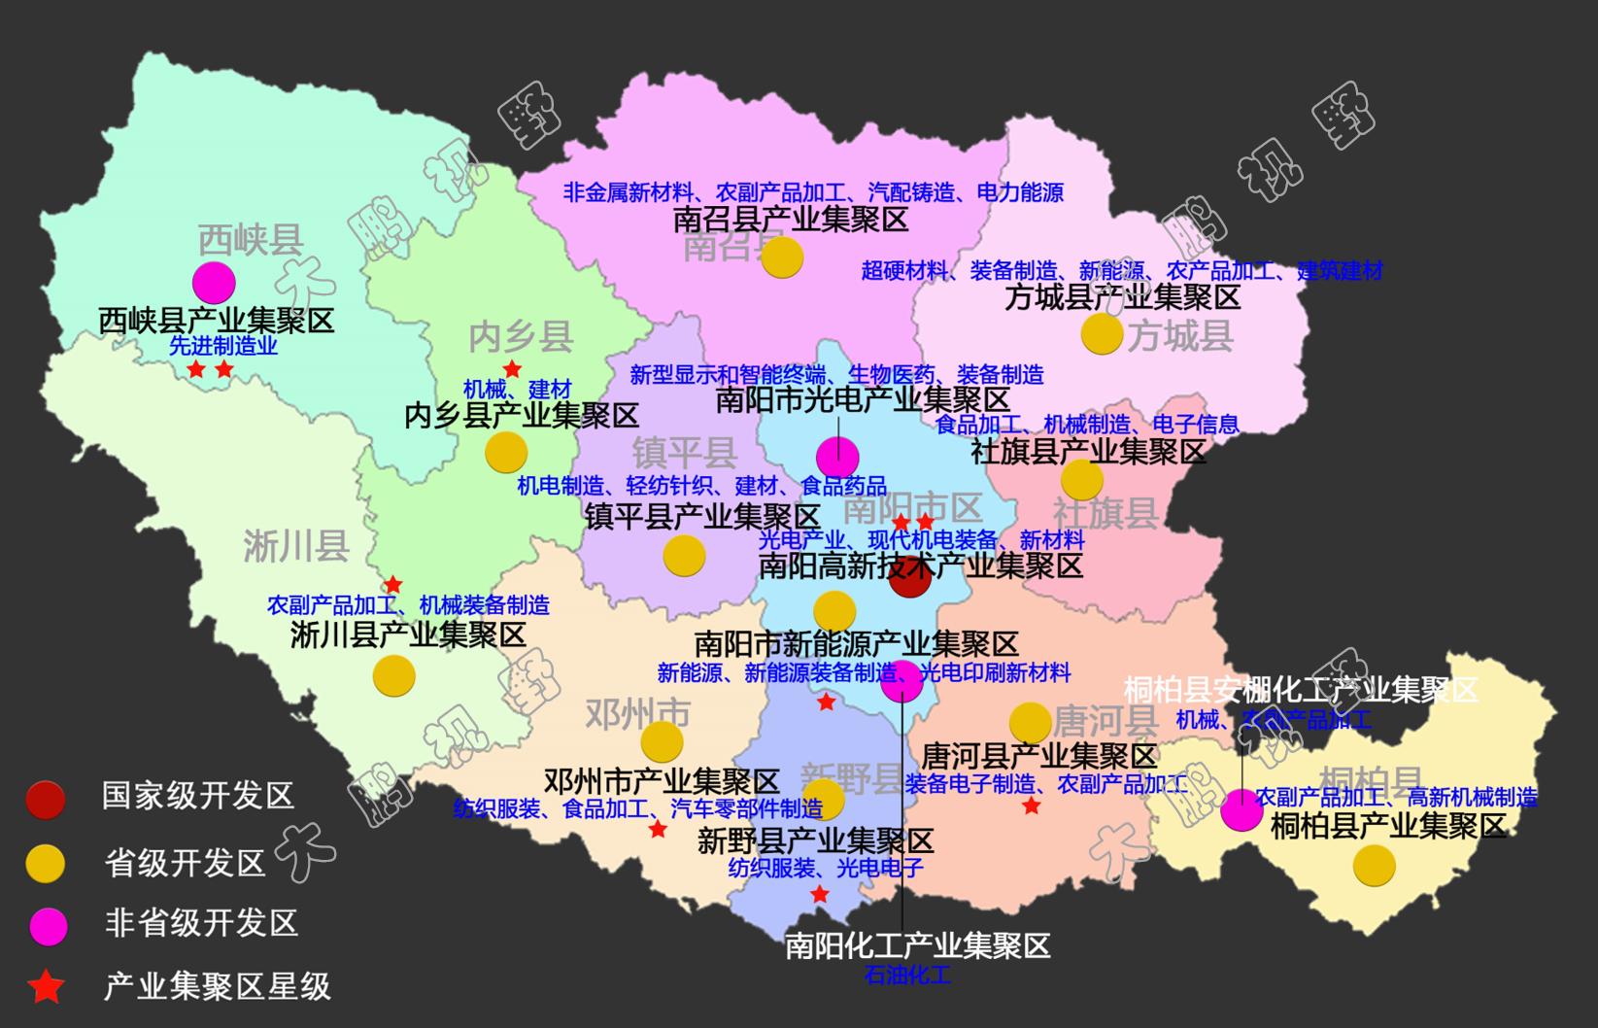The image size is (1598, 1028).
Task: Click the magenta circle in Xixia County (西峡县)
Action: (x=214, y=283)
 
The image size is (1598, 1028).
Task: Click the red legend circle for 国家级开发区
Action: (x=46, y=799)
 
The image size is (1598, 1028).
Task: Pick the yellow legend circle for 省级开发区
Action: (x=46, y=863)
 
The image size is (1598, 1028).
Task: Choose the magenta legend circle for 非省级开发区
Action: (x=46, y=925)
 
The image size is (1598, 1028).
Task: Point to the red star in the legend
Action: (x=46, y=987)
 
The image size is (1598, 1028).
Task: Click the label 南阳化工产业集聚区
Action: (x=917, y=945)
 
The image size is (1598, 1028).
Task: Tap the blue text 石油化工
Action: (x=907, y=975)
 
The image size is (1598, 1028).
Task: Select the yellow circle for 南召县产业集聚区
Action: (x=782, y=257)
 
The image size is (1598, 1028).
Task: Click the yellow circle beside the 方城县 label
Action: (x=1102, y=334)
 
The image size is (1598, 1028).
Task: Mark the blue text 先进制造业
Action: (x=223, y=346)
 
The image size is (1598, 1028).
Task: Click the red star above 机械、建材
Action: (x=512, y=369)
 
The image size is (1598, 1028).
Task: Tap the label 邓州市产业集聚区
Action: (x=662, y=780)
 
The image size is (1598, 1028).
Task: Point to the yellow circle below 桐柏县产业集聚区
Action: (x=1374, y=866)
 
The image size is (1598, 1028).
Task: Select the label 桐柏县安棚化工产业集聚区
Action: (x=1300, y=690)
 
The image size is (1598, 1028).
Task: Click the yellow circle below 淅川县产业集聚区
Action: (x=393, y=675)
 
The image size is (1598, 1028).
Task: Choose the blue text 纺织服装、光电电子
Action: (x=825, y=868)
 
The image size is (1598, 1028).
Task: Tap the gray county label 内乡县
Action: (x=521, y=336)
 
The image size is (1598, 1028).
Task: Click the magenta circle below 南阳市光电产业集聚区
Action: (x=837, y=457)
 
